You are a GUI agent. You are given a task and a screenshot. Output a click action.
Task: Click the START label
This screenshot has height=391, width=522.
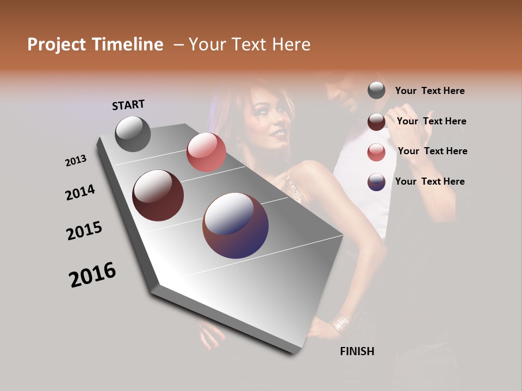tap(128, 105)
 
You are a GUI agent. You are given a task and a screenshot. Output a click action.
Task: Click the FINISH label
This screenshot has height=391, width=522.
tap(357, 351)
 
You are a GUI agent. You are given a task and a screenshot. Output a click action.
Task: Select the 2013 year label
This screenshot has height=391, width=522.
tap(76, 161)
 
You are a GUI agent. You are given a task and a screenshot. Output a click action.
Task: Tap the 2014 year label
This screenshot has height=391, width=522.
tap(80, 192)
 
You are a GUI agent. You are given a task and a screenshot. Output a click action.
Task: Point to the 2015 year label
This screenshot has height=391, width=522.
tap(84, 231)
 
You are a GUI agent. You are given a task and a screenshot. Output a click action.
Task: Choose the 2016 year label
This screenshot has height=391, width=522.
tap(92, 275)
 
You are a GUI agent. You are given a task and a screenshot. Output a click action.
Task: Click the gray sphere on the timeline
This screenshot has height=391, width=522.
tap(133, 134)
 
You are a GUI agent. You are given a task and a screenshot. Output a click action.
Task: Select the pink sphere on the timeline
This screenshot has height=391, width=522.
tap(206, 152)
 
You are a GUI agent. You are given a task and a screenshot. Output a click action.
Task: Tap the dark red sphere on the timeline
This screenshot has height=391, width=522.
tap(158, 195)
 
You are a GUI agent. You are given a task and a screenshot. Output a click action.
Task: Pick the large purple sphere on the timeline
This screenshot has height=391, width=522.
tap(235, 225)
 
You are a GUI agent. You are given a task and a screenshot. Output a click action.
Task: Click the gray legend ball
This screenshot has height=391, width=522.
tap(376, 90)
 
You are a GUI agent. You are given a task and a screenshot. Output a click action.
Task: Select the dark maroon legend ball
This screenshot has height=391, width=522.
tap(376, 121)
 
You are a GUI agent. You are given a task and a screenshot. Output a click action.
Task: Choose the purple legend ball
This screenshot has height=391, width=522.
tap(376, 181)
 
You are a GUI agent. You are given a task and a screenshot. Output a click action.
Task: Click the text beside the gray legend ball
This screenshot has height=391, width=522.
tap(430, 91)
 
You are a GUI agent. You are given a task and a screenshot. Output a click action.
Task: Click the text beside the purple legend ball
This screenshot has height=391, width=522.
tap(430, 181)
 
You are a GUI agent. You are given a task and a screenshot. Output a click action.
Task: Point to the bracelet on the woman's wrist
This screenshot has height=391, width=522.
tap(341, 324)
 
